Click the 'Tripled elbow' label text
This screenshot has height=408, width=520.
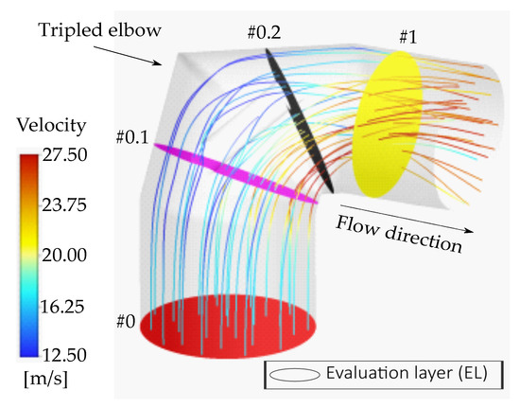100,31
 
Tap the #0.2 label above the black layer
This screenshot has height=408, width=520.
264,32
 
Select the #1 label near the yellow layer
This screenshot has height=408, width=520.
407,37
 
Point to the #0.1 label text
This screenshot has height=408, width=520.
132,136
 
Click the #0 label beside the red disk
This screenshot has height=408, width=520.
126,321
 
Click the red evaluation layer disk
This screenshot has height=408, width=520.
228,327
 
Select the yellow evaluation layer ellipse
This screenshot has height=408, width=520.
388,124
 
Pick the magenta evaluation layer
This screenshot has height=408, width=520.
235,172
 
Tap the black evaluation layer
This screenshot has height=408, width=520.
299,120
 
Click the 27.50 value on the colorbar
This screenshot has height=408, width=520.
65,154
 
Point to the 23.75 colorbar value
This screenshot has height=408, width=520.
64,205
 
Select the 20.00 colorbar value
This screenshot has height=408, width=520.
64,255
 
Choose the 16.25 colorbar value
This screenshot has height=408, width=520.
62,307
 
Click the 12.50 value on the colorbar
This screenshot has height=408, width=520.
65,355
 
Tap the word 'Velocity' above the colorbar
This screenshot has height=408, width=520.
52,126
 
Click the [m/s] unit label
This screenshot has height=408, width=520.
45,379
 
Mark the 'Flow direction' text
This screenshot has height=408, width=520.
399,235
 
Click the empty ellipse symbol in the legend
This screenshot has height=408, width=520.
294,375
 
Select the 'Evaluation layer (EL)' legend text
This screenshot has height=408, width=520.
407,373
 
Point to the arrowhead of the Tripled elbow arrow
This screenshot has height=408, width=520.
158,62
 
